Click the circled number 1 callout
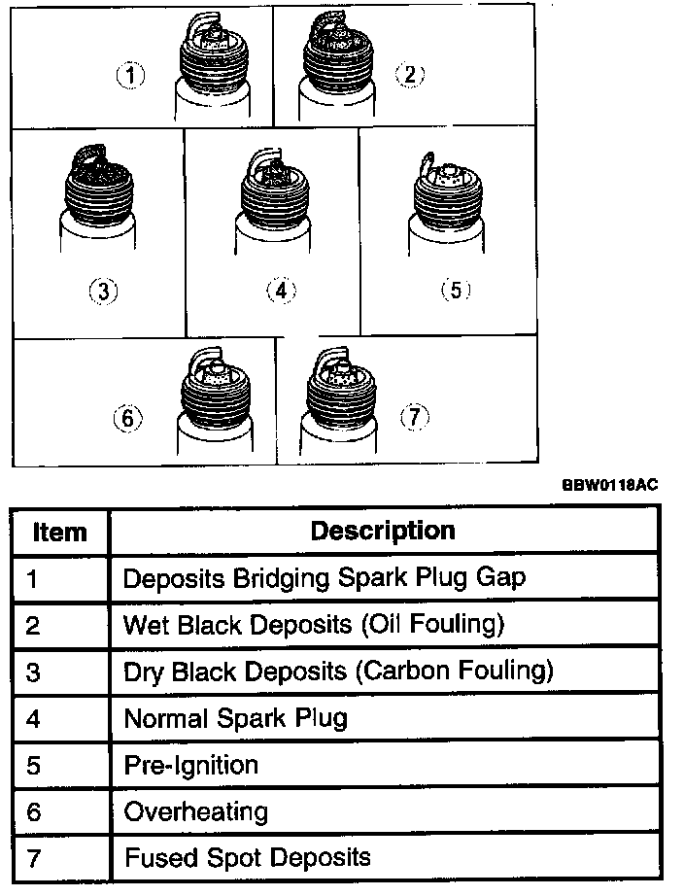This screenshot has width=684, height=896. [131, 75]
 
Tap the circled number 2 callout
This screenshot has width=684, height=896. [409, 75]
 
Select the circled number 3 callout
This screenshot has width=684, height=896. [103, 290]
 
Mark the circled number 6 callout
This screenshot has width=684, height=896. [128, 419]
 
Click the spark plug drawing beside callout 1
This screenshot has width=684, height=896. [215, 63]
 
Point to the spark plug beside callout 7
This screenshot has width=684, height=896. [337, 403]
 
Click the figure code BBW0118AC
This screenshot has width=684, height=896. [609, 484]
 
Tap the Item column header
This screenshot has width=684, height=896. [59, 533]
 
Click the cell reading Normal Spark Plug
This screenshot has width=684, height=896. [235, 718]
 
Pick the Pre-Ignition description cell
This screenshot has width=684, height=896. [190, 765]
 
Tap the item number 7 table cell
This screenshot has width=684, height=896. [33, 858]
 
